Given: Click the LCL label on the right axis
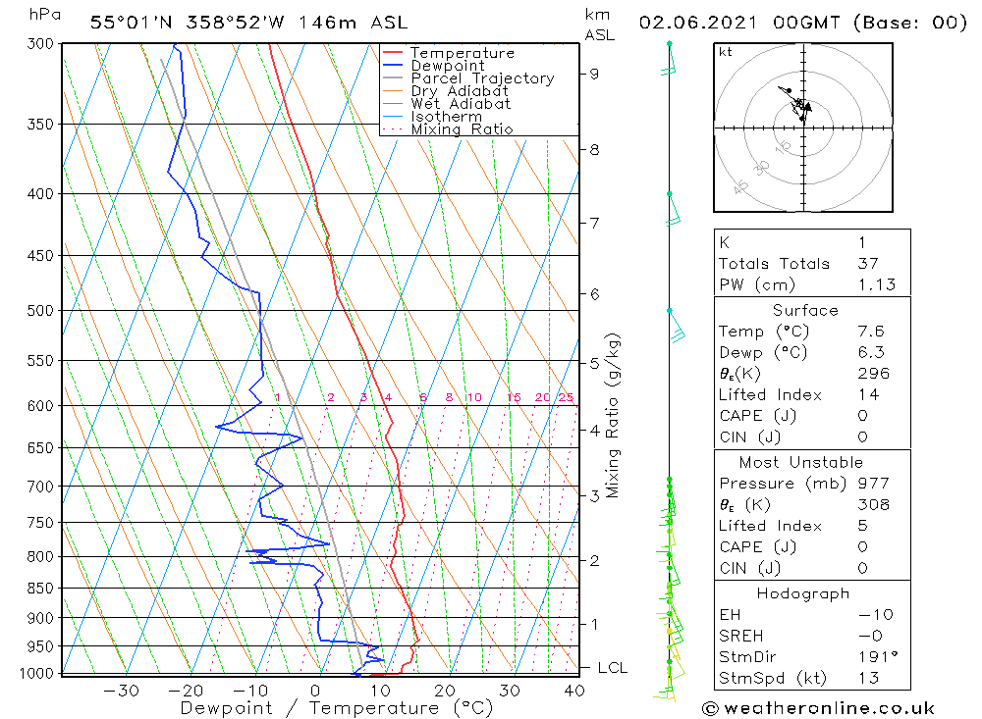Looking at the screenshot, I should [612, 668].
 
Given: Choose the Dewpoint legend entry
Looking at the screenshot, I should [447, 66].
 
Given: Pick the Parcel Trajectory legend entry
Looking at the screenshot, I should [482, 78].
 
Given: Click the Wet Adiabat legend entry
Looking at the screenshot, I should [461, 104].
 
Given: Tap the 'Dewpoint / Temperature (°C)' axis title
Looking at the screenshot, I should [337, 707].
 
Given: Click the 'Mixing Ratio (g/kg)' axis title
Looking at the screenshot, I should [614, 415].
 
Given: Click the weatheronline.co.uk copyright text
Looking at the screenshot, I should [818, 708].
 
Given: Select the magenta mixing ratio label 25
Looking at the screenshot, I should [566, 397].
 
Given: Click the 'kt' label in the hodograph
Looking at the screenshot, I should [726, 52].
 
